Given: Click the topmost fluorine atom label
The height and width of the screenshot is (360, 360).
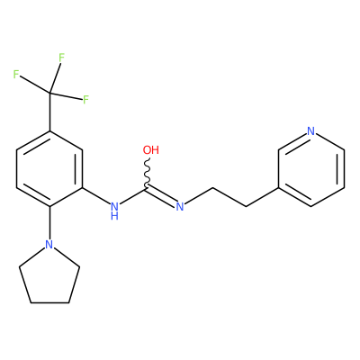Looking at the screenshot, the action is [61, 58].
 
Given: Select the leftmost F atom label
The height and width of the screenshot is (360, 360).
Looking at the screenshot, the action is [16, 75].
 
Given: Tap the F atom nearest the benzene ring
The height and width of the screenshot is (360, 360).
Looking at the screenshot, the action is [85, 100].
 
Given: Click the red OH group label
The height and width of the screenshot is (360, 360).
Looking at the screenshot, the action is [151, 150].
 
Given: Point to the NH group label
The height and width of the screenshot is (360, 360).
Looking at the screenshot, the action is [114, 211].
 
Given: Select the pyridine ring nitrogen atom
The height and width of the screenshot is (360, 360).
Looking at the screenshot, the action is [311, 131].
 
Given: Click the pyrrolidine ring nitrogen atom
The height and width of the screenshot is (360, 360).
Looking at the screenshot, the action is [49, 244].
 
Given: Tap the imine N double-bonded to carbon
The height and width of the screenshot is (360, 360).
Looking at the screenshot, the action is [180, 206].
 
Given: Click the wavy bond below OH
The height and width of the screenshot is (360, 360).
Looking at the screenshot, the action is [148, 173].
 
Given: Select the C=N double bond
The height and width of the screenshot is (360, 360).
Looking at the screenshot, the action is [160, 195].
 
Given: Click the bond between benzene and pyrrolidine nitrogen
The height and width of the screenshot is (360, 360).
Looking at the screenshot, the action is [49, 222].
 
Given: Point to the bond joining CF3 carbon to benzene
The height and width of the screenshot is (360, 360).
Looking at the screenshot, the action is [49, 112].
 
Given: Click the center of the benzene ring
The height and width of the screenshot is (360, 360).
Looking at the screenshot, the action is [49, 169].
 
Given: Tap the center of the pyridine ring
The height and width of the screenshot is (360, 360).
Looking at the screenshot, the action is [311, 169].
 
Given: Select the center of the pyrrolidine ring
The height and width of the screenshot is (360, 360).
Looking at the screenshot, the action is [49, 276].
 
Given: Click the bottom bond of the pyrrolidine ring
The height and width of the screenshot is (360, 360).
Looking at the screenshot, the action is [49, 302].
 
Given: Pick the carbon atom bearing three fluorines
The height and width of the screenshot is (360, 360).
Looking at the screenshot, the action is [50, 94].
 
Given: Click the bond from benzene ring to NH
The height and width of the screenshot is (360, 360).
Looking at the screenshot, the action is [96, 197].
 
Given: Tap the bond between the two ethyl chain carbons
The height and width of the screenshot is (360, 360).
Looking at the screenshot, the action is [229, 197].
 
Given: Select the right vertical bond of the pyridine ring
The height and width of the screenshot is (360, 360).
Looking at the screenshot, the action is [344, 169].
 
